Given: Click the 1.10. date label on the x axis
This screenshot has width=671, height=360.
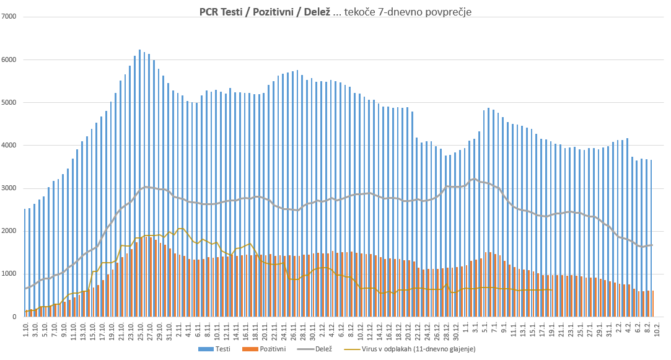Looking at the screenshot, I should tap(26, 328).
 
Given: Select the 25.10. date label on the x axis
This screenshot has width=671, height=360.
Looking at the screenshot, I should tap(141, 330).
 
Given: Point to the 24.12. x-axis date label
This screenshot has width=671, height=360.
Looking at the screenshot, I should tap(428, 330).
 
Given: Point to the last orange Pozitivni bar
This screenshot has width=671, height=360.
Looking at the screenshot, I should tap(653, 304).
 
